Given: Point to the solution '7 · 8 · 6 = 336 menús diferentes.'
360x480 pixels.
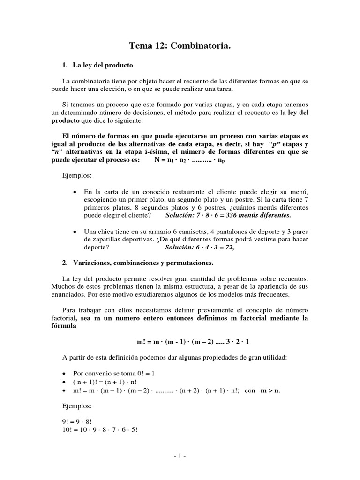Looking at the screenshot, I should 228,215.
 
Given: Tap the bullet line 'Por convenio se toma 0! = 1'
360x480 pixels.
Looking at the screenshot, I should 114,374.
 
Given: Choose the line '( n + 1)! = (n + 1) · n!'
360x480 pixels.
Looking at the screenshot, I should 108,382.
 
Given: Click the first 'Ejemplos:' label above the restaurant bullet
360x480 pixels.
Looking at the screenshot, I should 77,176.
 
